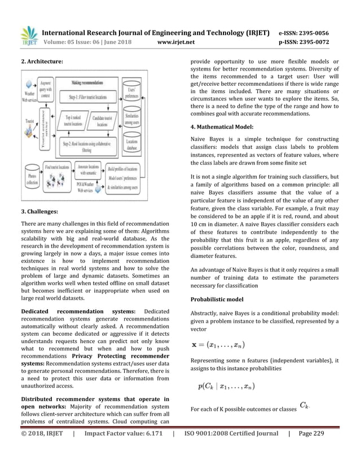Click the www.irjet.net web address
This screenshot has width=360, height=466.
click(177, 41)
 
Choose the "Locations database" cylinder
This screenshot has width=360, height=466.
click(134, 147)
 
